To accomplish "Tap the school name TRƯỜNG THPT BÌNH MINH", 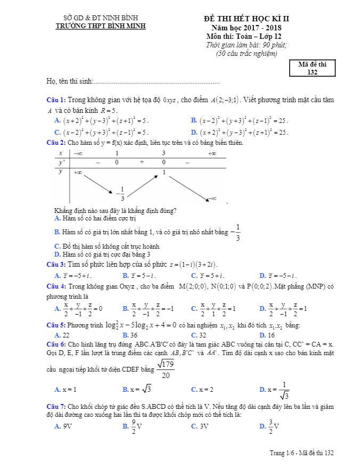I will [x=101, y=26].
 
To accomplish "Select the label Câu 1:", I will [x=56, y=100].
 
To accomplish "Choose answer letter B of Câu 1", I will [x=193, y=120].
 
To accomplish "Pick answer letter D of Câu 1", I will [x=193, y=132].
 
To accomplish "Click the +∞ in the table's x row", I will [x=211, y=153].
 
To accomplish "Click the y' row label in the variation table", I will [x=61, y=162].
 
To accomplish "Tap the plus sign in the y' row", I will [x=142, y=162].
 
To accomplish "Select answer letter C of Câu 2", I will [x=58, y=246].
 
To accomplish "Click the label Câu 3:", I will [x=56, y=264].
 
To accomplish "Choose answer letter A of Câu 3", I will [x=58, y=275].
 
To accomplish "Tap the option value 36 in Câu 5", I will [x=134, y=335].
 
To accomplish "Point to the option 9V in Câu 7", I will [x=68, y=426].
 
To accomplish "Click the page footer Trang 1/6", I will [x=282, y=452].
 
